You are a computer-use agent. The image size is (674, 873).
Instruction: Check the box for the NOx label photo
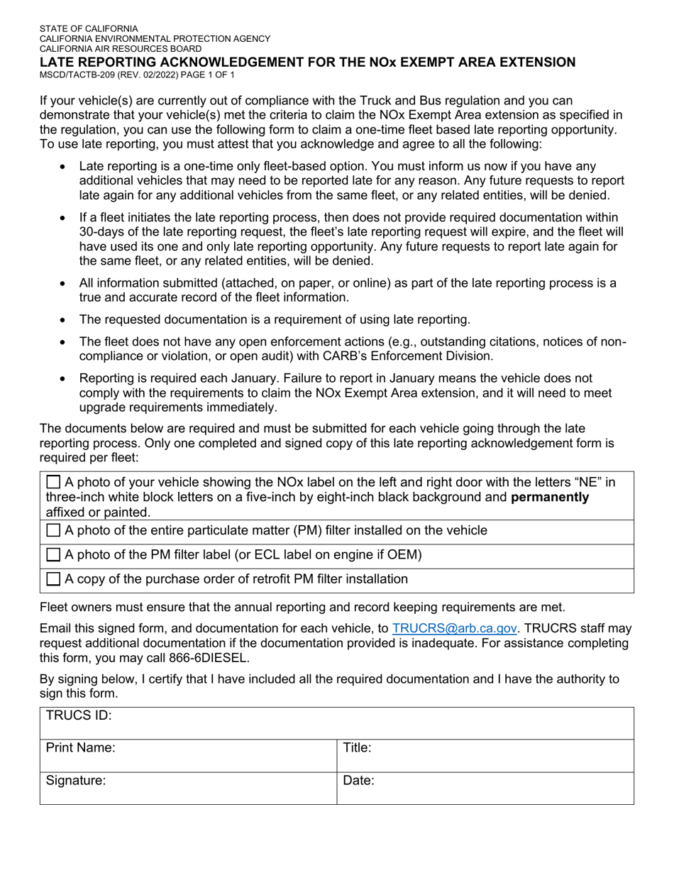(x=54, y=483)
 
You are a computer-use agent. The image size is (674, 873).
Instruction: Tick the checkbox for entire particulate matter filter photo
(x=54, y=531)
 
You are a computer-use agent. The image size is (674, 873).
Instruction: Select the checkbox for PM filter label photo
(x=54, y=555)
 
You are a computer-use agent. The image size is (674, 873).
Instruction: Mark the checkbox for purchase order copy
(x=54, y=579)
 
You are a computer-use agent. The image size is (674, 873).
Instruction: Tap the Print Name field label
(x=80, y=748)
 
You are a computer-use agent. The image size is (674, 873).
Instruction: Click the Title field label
(x=357, y=748)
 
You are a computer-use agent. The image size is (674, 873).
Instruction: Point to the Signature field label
(x=75, y=781)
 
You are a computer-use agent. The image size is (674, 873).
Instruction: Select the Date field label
(x=358, y=781)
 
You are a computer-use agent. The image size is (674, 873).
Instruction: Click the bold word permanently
(x=550, y=497)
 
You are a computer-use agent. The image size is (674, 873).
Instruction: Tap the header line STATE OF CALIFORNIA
(x=89, y=29)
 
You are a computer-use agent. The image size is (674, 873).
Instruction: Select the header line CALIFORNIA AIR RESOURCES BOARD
(x=120, y=49)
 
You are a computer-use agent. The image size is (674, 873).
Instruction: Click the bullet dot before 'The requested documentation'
(x=65, y=320)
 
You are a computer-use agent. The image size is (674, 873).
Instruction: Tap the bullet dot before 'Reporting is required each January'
(x=65, y=379)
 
